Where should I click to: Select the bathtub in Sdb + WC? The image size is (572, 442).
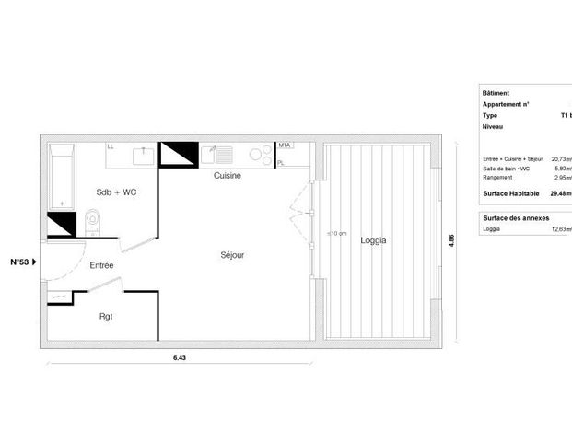[x=61, y=175]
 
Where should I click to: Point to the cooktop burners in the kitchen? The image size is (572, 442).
[x=262, y=155]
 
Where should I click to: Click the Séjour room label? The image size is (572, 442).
[x=231, y=254]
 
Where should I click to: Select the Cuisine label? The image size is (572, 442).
[x=228, y=175]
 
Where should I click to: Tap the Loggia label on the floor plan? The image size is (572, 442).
[x=373, y=240]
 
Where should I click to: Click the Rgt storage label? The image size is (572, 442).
[x=107, y=317]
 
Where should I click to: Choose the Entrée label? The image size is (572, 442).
[x=102, y=265]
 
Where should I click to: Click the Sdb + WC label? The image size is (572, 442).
[x=117, y=192]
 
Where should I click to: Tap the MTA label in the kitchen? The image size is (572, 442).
[x=285, y=145]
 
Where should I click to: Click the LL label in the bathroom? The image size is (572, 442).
[x=111, y=145]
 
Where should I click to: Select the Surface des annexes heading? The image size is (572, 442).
[x=516, y=217]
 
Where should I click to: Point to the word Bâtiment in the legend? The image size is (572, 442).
[x=496, y=94]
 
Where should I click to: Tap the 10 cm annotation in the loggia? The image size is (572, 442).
[x=336, y=234]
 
